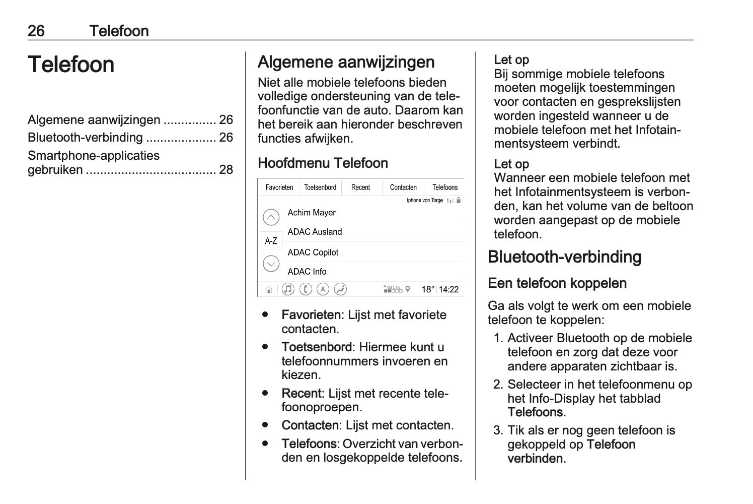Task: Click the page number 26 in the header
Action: pyautogui.click(x=36, y=31)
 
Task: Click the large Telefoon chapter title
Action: pyautogui.click(x=71, y=65)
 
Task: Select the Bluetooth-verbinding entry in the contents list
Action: pyautogui.click(x=85, y=138)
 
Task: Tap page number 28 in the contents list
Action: pyautogui.click(x=226, y=170)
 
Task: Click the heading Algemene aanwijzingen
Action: pyautogui.click(x=346, y=62)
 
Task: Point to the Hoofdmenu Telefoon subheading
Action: pyautogui.click(x=323, y=163)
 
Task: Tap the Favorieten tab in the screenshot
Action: pyautogui.click(x=279, y=187)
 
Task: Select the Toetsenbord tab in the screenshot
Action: pyautogui.click(x=320, y=187)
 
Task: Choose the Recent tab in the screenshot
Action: pyautogui.click(x=360, y=187)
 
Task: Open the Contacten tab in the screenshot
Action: pyautogui.click(x=403, y=187)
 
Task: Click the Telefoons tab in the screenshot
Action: pyautogui.click(x=445, y=187)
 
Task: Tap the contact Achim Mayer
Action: pyautogui.click(x=312, y=213)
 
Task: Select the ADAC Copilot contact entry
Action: pyautogui.click(x=313, y=253)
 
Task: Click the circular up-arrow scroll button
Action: pyautogui.click(x=271, y=217)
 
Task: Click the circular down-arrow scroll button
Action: pyautogui.click(x=271, y=264)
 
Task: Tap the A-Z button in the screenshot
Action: pyautogui.click(x=271, y=241)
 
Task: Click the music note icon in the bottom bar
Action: pyautogui.click(x=288, y=289)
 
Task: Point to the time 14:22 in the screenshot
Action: pyautogui.click(x=448, y=290)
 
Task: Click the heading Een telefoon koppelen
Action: pyautogui.click(x=557, y=283)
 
